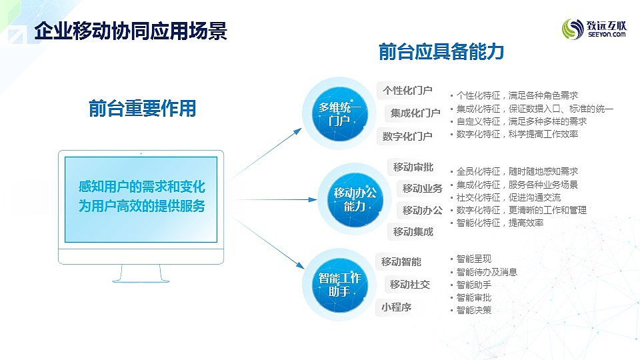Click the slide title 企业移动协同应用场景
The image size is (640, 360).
point(131,31)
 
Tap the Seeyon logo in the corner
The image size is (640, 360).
point(594,29)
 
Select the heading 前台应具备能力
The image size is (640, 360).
point(441,52)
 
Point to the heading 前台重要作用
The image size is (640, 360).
point(143,109)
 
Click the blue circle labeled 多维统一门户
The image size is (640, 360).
point(339,113)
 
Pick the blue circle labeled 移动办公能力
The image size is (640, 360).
point(355,199)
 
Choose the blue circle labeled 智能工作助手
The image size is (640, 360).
point(339,285)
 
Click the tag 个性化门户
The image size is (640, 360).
point(407,90)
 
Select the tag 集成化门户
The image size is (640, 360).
point(415,113)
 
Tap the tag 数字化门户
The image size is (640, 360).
point(407,136)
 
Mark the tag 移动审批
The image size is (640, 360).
point(413,167)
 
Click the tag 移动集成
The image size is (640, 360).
point(413,232)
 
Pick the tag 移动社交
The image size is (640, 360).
point(410,285)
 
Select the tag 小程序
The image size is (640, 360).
point(396,307)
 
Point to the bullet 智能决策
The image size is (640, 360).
point(473,310)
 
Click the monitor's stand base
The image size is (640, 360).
point(141,280)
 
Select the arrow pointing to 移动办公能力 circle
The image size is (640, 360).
point(276,199)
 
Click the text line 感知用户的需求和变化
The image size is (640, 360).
point(141,187)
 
